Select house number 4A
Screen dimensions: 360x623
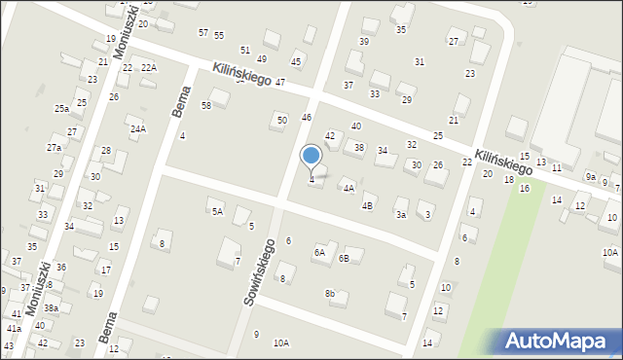coord(348,188)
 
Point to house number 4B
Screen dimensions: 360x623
coord(367,205)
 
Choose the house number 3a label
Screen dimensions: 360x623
coord(400,214)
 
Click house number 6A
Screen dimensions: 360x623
coord(318,252)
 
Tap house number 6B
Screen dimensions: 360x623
coord(344,258)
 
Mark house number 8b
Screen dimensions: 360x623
coord(330,294)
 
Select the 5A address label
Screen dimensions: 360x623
coord(217,210)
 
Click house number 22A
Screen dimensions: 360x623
coord(148,67)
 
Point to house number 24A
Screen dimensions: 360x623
coord(138,128)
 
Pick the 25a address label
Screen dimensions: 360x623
coord(61,109)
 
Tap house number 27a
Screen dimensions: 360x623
coord(54,148)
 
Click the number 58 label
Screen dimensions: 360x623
coord(206,105)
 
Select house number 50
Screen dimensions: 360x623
coord(282,120)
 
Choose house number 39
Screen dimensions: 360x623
coord(364,42)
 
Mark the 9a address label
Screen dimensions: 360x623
coord(590,176)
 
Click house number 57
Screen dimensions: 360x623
coord(202,33)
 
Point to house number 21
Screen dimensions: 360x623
coord(453,120)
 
